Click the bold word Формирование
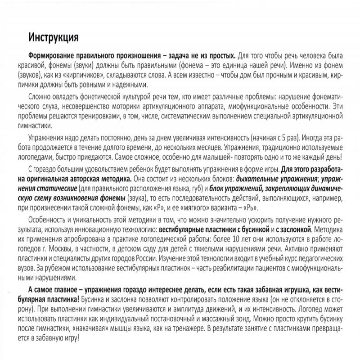point(52,54)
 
